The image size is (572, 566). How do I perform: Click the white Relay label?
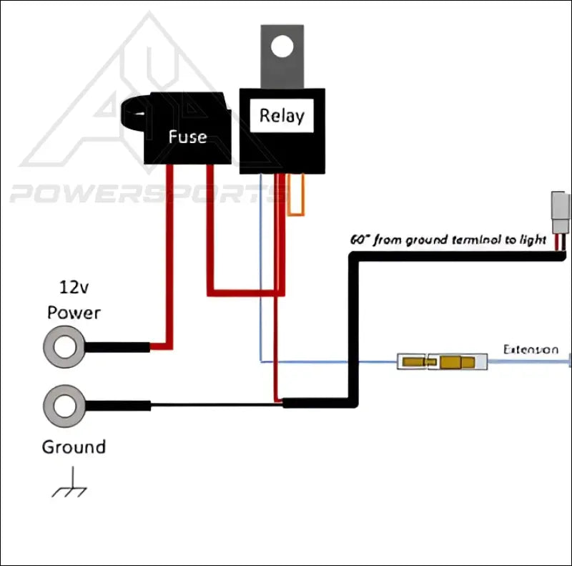pyautogui.click(x=281, y=115)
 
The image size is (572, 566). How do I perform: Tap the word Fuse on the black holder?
pyautogui.click(x=187, y=136)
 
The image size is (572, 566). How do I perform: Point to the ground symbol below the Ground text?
pyautogui.click(x=70, y=485)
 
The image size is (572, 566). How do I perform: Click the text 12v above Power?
pyautogui.click(x=73, y=288)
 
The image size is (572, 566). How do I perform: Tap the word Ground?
pyautogui.click(x=74, y=447)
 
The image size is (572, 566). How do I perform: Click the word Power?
pyautogui.click(x=74, y=313)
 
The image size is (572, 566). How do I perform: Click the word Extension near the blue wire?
pyautogui.click(x=531, y=349)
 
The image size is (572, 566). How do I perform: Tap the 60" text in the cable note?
pyautogui.click(x=359, y=240)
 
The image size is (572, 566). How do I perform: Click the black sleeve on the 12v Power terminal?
pyautogui.click(x=119, y=347)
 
